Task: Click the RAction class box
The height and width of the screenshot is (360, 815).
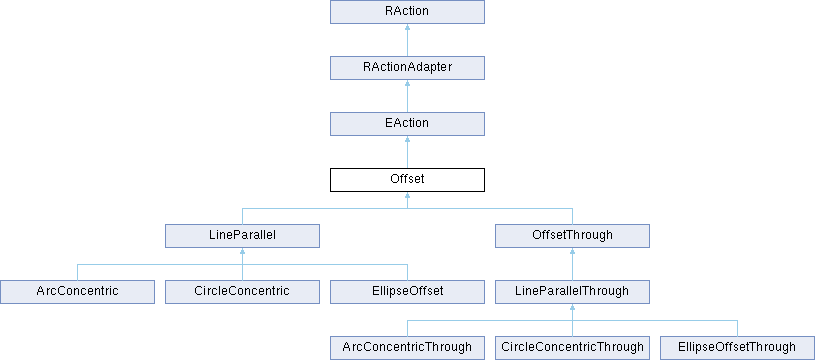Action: click(407, 12)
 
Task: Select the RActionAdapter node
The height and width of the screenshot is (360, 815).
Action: click(407, 68)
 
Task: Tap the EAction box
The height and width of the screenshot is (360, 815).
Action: click(407, 124)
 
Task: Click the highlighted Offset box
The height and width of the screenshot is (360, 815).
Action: click(407, 180)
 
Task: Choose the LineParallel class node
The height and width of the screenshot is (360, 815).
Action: click(242, 236)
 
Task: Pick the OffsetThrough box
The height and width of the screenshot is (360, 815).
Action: click(573, 236)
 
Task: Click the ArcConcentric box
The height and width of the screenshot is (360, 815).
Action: click(77, 292)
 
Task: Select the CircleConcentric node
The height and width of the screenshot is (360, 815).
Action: click(242, 292)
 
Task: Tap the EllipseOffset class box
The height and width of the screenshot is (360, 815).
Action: click(407, 292)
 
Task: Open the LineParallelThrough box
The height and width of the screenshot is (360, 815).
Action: click(573, 292)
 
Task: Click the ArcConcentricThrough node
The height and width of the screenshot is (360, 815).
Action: click(407, 348)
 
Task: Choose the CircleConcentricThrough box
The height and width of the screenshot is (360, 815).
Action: click(573, 348)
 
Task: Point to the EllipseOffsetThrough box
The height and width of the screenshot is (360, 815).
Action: click(738, 348)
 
